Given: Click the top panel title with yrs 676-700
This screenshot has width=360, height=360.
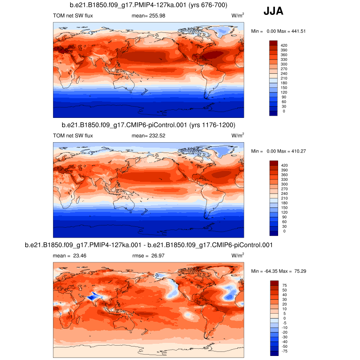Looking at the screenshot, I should pos(148,5).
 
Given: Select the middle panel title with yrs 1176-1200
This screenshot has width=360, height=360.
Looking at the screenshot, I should pos(148,125).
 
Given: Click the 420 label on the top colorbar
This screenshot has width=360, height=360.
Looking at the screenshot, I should pos(284,45).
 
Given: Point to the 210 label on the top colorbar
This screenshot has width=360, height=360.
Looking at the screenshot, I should pos(284,78).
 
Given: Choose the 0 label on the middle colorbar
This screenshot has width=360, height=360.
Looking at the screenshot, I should pos(283,231).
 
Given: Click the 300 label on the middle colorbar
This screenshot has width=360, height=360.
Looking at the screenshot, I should pos(284,184).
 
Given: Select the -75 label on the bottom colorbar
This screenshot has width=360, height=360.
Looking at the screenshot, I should pos(284,351).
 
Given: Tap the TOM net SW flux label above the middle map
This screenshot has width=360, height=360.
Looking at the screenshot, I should pos(73,135).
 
